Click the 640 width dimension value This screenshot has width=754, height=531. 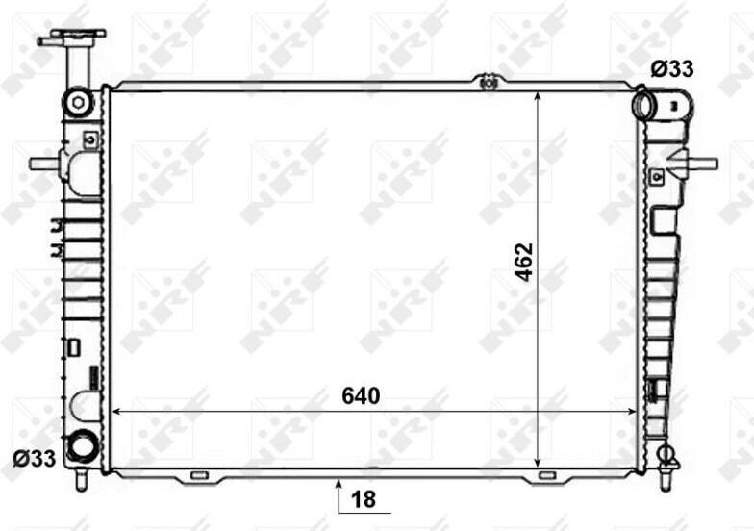(x=361, y=396)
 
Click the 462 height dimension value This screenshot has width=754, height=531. (x=523, y=262)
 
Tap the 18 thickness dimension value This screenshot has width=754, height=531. (x=364, y=500)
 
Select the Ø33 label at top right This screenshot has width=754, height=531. (x=672, y=69)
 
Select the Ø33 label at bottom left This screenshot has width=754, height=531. (x=35, y=459)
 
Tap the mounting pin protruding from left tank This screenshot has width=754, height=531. (x=44, y=164)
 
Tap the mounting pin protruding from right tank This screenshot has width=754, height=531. (x=702, y=164)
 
